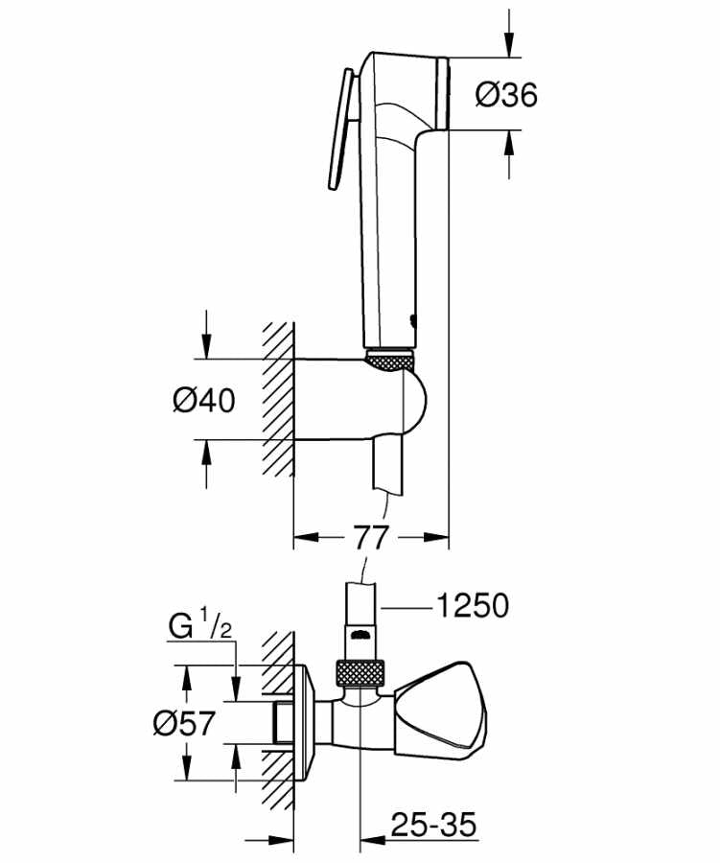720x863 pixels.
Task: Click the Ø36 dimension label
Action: point(506,94)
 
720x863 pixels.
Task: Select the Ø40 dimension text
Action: point(203,400)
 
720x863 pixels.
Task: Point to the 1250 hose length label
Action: point(472,606)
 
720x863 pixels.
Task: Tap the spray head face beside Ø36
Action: point(443,92)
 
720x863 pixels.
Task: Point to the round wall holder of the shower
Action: point(407,401)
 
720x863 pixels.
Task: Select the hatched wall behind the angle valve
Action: point(276,729)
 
